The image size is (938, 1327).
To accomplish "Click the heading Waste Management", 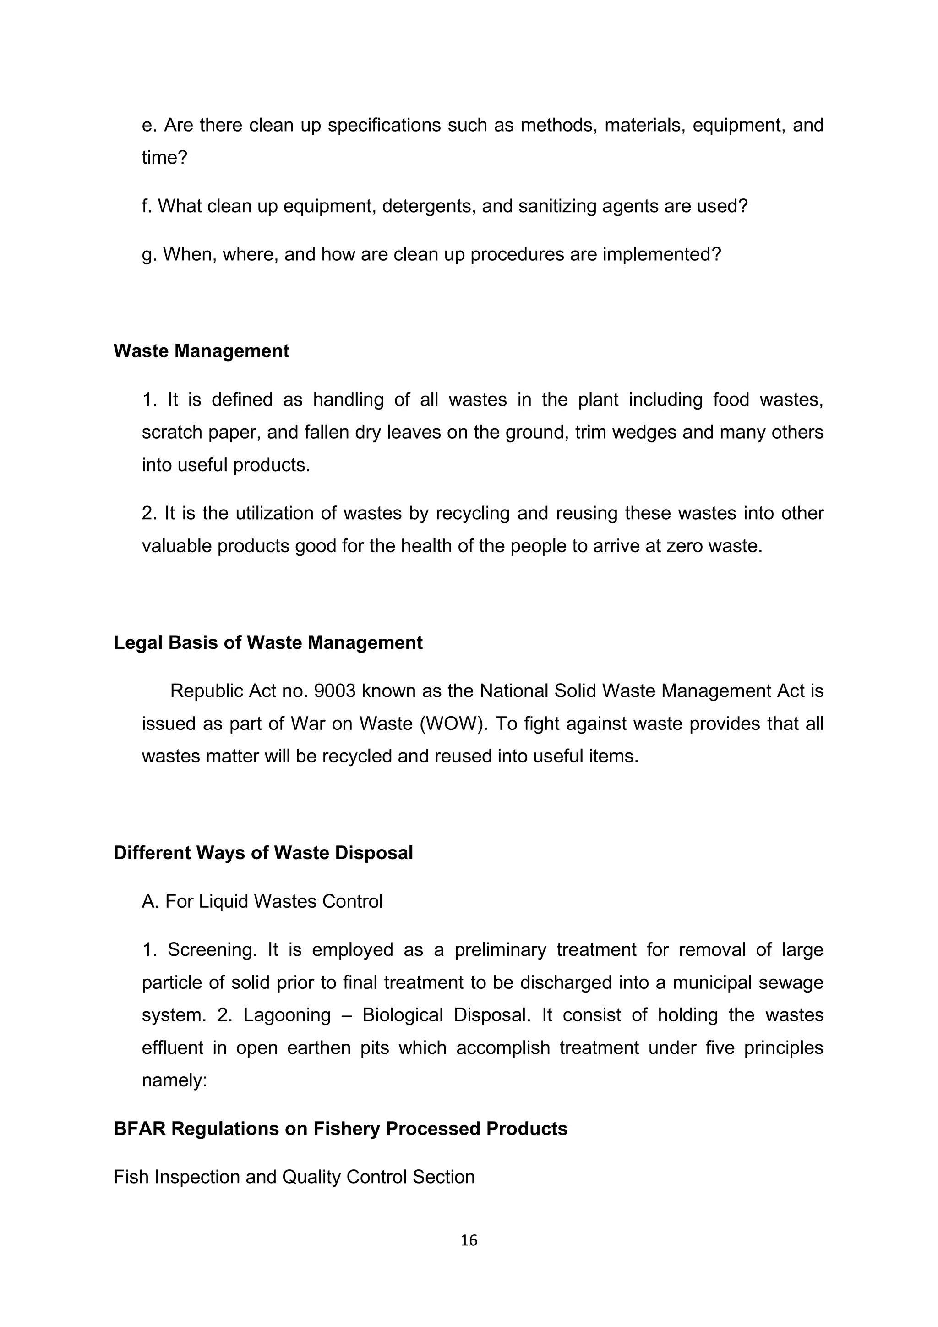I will pos(201,351).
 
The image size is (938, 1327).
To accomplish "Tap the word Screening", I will pos(212,949).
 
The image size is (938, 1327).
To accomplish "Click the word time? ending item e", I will pos(164,157).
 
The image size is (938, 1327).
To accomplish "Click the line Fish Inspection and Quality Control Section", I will pos(294,1177).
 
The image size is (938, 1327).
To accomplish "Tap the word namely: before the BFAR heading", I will pos(175,1080).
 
